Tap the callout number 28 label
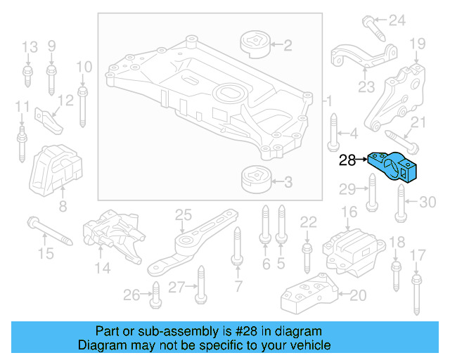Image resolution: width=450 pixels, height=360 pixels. pyautogui.click(x=347, y=160)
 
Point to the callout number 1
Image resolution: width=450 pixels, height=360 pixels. pyautogui.click(x=327, y=102)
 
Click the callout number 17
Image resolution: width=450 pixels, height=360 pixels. pyautogui.click(x=418, y=254)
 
